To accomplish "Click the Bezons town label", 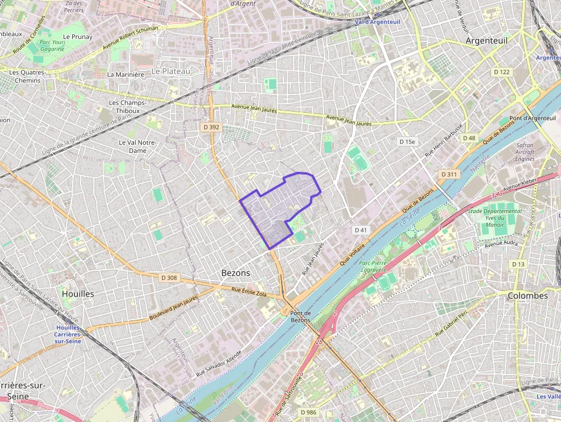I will [235, 273].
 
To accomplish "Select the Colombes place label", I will [527, 295].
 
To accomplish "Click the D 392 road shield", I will [211, 127].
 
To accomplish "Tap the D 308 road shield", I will [169, 278].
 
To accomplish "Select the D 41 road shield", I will [360, 230].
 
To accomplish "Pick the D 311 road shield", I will [449, 174].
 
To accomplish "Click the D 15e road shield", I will [407, 141].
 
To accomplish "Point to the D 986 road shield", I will [308, 412].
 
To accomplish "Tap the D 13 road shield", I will [518, 264].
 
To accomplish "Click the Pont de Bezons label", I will [301, 316].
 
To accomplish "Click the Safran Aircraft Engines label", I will [524, 152].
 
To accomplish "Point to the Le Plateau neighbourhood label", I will [171, 71].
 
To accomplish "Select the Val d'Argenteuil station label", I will [377, 22].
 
